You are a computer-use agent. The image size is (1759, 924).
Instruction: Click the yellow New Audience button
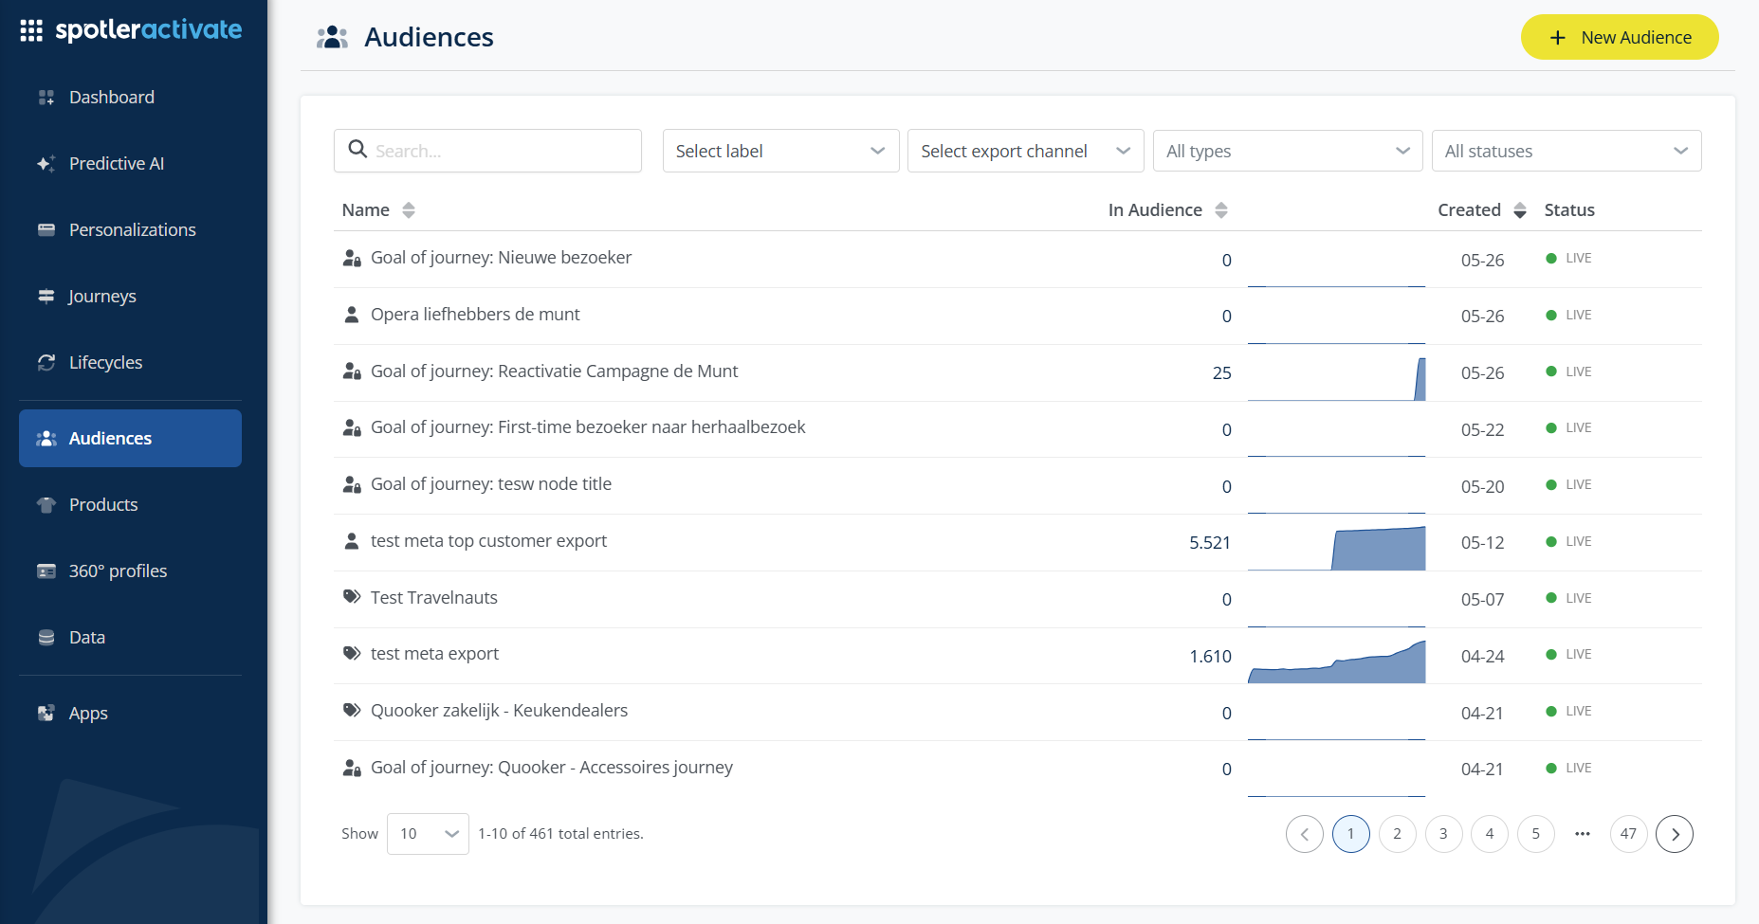pos(1620,37)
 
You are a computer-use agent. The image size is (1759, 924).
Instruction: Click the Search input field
pos(487,151)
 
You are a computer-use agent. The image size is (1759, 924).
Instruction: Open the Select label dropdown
pos(780,151)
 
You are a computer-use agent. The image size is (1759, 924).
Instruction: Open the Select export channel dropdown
pos(1025,151)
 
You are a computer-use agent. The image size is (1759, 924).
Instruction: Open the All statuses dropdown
pos(1567,151)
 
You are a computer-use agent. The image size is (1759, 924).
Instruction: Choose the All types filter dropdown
pos(1288,151)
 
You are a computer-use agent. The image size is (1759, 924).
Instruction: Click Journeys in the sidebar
pos(102,296)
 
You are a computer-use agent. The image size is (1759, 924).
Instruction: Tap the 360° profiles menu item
pos(118,571)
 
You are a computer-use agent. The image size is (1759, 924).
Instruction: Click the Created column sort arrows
pos(1520,210)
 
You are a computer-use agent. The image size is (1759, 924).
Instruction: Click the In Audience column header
pos(1155,210)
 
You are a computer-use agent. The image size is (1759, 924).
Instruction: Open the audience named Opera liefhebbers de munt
pos(475,315)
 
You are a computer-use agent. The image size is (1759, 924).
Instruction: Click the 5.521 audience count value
pos(1210,542)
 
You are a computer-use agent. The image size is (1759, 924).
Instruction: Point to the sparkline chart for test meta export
pos(1337,661)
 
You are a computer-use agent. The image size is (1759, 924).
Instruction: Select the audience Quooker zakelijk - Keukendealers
pos(499,711)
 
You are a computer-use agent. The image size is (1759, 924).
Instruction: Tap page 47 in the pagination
pos(1628,834)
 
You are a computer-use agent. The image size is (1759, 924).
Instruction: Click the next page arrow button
pos(1675,834)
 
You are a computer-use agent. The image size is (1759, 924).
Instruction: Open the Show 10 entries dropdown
pos(428,834)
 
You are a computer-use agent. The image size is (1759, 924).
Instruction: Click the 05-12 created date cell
pos(1482,543)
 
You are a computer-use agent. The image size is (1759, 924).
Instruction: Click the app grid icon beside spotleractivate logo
pos(31,30)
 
